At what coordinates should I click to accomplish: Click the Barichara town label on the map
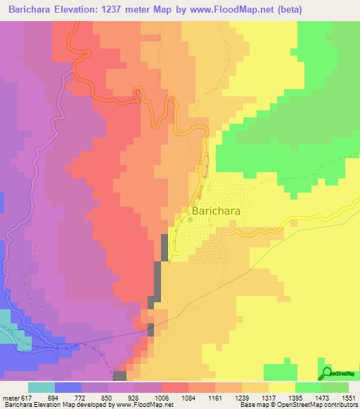[x=219, y=210]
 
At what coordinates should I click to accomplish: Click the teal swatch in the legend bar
[x=41, y=388]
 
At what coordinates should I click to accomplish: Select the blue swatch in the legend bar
[x=68, y=388]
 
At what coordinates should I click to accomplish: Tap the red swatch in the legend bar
[x=175, y=388]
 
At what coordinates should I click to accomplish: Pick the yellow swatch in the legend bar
[x=282, y=388]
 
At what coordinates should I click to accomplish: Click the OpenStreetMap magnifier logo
[x=326, y=372]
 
